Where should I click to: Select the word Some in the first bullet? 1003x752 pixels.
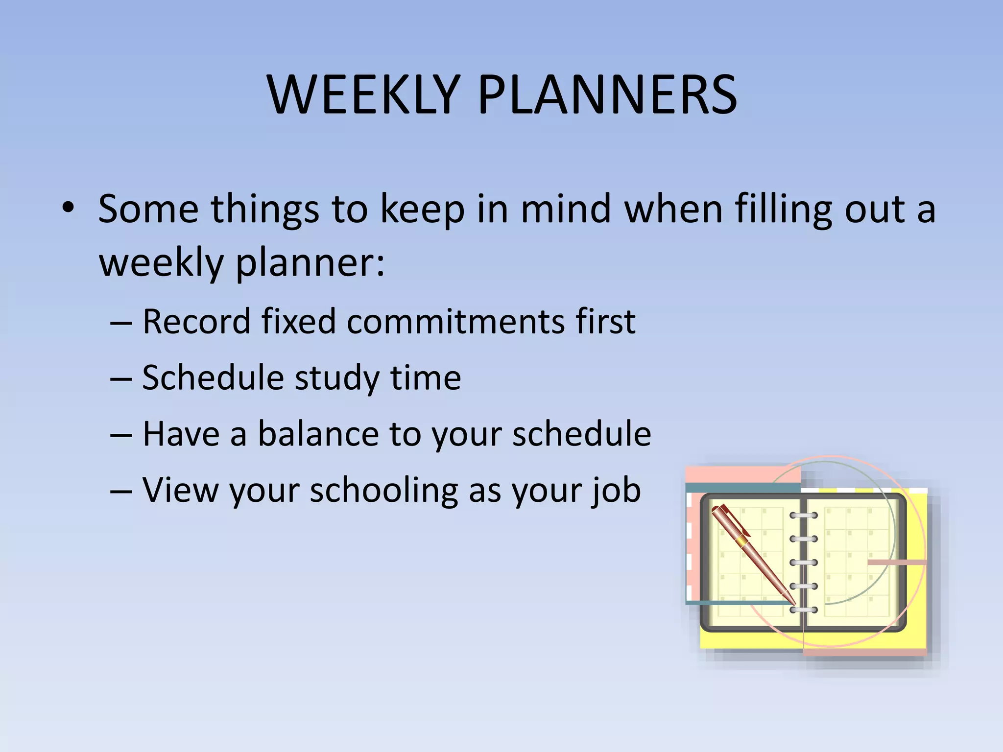coord(148,209)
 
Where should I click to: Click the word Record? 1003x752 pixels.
coord(196,322)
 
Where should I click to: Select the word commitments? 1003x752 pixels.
coord(455,322)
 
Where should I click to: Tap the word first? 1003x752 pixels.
coord(605,322)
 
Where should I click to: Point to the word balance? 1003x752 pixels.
coord(318,434)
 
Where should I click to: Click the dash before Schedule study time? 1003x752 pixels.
coord(121,378)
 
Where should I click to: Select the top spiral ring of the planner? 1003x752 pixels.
coord(804,515)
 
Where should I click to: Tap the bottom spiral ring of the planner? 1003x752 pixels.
coord(804,610)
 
